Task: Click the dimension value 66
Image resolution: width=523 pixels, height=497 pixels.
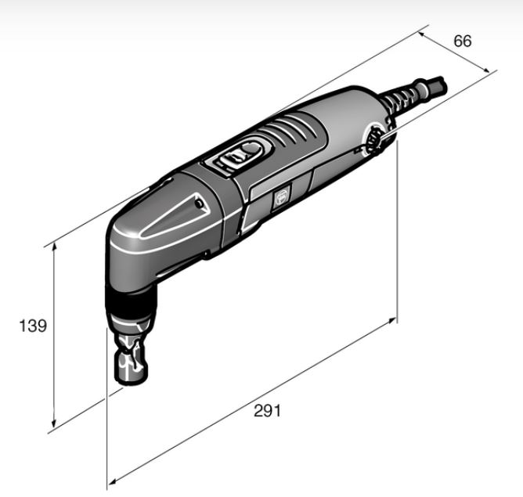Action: click(x=462, y=41)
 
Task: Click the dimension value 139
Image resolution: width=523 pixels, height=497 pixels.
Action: click(x=33, y=326)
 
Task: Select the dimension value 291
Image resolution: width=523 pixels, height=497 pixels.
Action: click(x=267, y=411)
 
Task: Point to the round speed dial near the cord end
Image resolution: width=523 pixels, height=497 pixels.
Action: click(x=374, y=139)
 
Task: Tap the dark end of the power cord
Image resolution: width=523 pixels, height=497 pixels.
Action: click(x=437, y=85)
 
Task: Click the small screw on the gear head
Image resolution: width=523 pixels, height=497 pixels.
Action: click(x=199, y=203)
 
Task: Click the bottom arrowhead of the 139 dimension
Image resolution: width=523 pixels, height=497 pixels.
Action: click(x=53, y=424)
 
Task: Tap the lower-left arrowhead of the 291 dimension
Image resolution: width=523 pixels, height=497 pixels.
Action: click(x=113, y=481)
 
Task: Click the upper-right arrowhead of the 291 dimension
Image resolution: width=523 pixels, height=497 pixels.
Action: click(x=391, y=321)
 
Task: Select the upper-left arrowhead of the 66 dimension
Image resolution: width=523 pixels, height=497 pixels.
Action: click(x=422, y=34)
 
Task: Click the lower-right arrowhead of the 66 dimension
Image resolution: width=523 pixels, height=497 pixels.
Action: click(x=486, y=70)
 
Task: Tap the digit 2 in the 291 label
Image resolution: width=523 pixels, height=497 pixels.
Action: click(x=259, y=411)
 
